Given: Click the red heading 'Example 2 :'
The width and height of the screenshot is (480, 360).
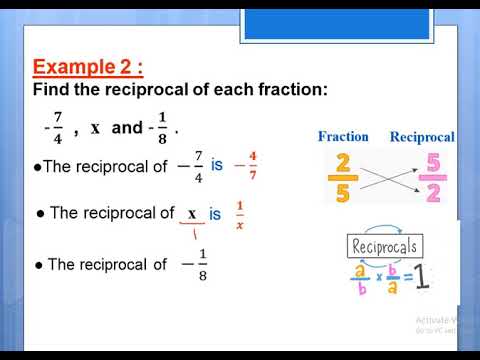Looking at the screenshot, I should point(88,67).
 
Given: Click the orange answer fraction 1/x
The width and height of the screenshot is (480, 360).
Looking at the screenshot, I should point(239,213).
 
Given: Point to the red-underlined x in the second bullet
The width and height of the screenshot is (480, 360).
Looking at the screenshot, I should point(191,213).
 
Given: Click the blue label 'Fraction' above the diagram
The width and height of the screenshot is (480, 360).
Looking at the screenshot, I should point(343,136).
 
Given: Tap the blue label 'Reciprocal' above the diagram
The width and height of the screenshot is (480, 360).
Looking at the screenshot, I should point(421,136).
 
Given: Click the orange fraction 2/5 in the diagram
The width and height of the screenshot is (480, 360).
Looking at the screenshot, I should point(343,178).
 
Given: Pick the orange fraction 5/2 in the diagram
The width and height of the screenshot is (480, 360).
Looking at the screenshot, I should point(433,178).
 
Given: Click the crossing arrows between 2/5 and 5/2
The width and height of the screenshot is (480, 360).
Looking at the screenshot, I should point(388,178).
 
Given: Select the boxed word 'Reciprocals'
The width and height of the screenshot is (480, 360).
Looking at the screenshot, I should point(385,246).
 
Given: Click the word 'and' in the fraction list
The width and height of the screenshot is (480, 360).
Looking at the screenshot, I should point(127,128).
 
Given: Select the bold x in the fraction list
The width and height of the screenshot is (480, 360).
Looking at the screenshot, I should point(95,128).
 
